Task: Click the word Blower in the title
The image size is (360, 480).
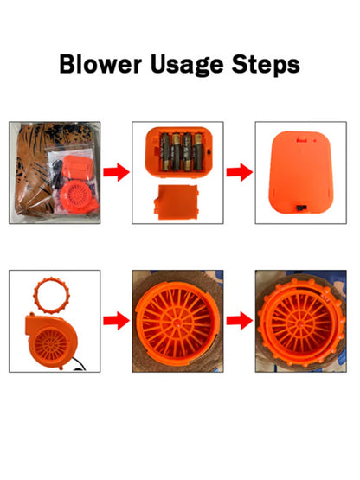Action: click(100, 64)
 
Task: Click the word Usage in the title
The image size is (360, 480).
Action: click(187, 66)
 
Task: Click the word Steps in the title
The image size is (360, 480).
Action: click(266, 66)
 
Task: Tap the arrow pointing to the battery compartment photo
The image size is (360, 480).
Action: click(116, 172)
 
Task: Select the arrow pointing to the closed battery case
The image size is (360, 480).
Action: click(240, 172)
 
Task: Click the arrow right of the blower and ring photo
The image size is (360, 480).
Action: click(116, 321)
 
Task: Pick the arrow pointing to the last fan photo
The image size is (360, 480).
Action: click(240, 321)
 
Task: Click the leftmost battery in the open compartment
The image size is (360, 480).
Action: click(165, 151)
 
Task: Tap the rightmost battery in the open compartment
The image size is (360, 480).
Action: click(197, 151)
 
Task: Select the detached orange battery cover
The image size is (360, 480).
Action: click(177, 202)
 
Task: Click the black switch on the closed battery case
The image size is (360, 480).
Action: click(300, 208)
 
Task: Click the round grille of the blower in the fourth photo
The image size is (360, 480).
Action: click(51, 343)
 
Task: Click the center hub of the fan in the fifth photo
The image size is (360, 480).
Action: click(177, 322)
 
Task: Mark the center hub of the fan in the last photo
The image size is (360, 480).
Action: click(300, 323)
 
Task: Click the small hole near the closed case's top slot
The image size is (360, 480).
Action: click(315, 141)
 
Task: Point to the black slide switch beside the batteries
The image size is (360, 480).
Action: click(208, 152)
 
